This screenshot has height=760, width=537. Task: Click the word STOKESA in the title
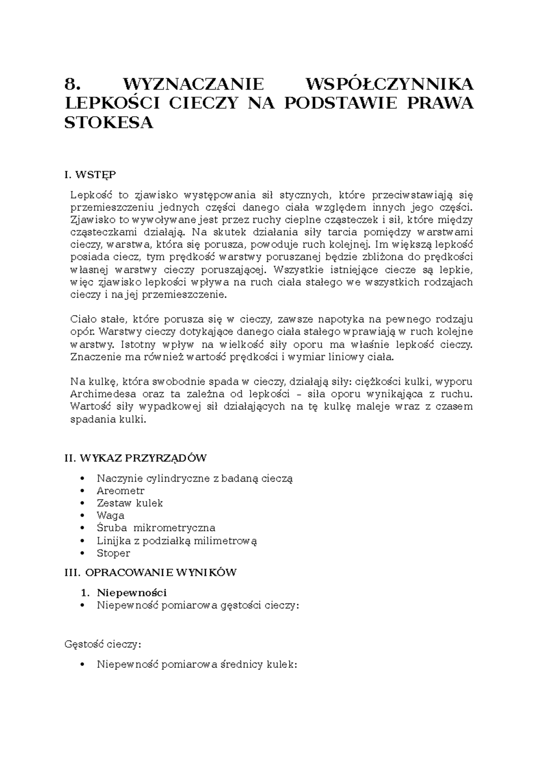pos(109,123)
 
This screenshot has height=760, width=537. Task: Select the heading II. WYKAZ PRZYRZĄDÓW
pos(136,458)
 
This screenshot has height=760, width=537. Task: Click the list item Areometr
pos(120,491)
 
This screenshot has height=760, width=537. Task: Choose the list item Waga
pos(111,516)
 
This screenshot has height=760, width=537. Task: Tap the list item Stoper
pos(113,553)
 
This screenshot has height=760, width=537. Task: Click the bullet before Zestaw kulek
pos(81,503)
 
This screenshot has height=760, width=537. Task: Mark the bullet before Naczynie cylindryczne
pos(81,478)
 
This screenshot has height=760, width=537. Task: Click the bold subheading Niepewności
pos(132,593)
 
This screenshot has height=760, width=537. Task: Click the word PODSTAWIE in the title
pos(340,103)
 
